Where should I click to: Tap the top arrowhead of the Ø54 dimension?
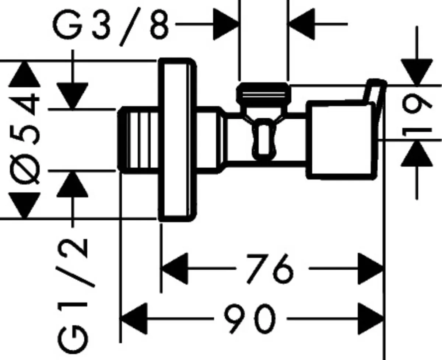pos(25,74)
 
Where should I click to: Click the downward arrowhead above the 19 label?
pos(417,72)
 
